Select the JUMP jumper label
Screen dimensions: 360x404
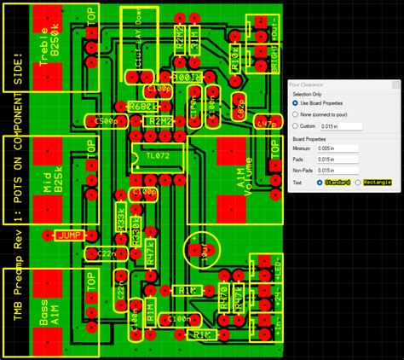pyautogui.click(x=68, y=235)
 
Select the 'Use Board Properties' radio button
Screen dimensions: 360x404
pyautogui.click(x=295, y=103)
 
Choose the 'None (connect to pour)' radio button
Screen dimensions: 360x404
pyautogui.click(x=295, y=114)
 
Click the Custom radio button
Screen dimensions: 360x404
pyautogui.click(x=295, y=126)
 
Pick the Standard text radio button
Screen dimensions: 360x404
pyautogui.click(x=320, y=183)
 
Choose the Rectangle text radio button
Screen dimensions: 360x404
pyautogui.click(x=358, y=183)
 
